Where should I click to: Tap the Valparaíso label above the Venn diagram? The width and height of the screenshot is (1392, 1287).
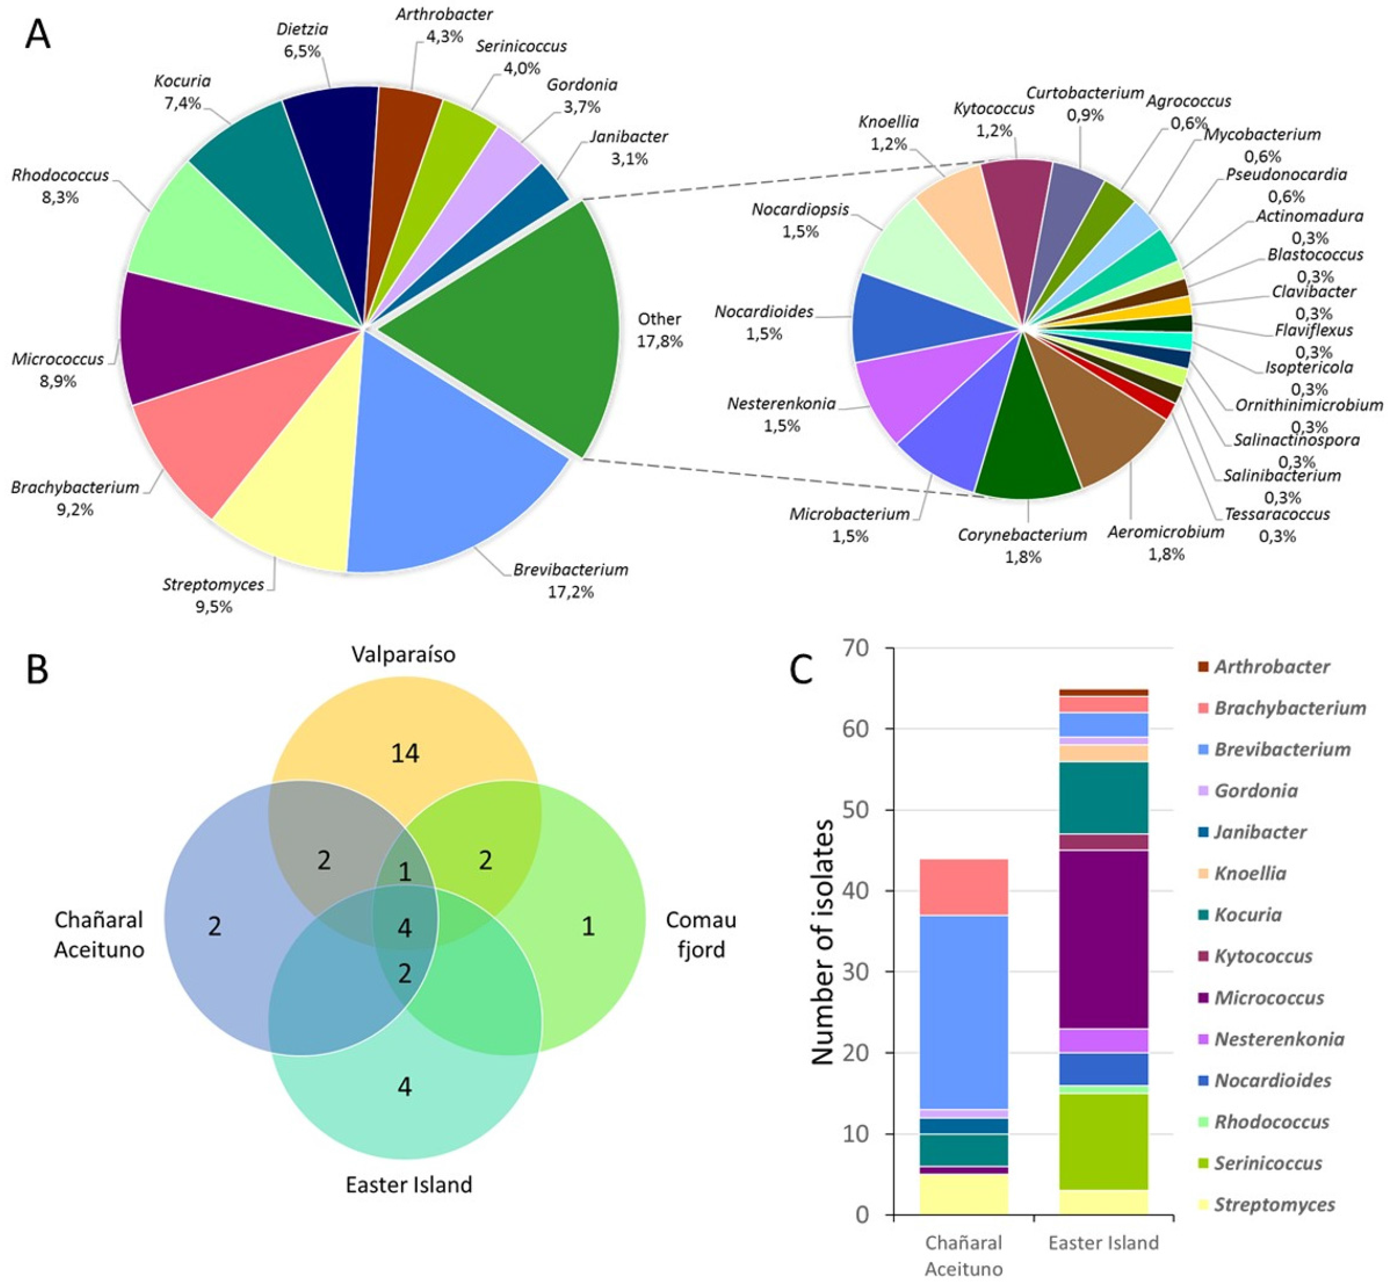(x=403, y=655)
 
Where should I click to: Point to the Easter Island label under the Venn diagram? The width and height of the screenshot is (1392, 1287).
(x=409, y=1184)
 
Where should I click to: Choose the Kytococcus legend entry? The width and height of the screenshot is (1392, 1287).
(x=1263, y=956)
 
